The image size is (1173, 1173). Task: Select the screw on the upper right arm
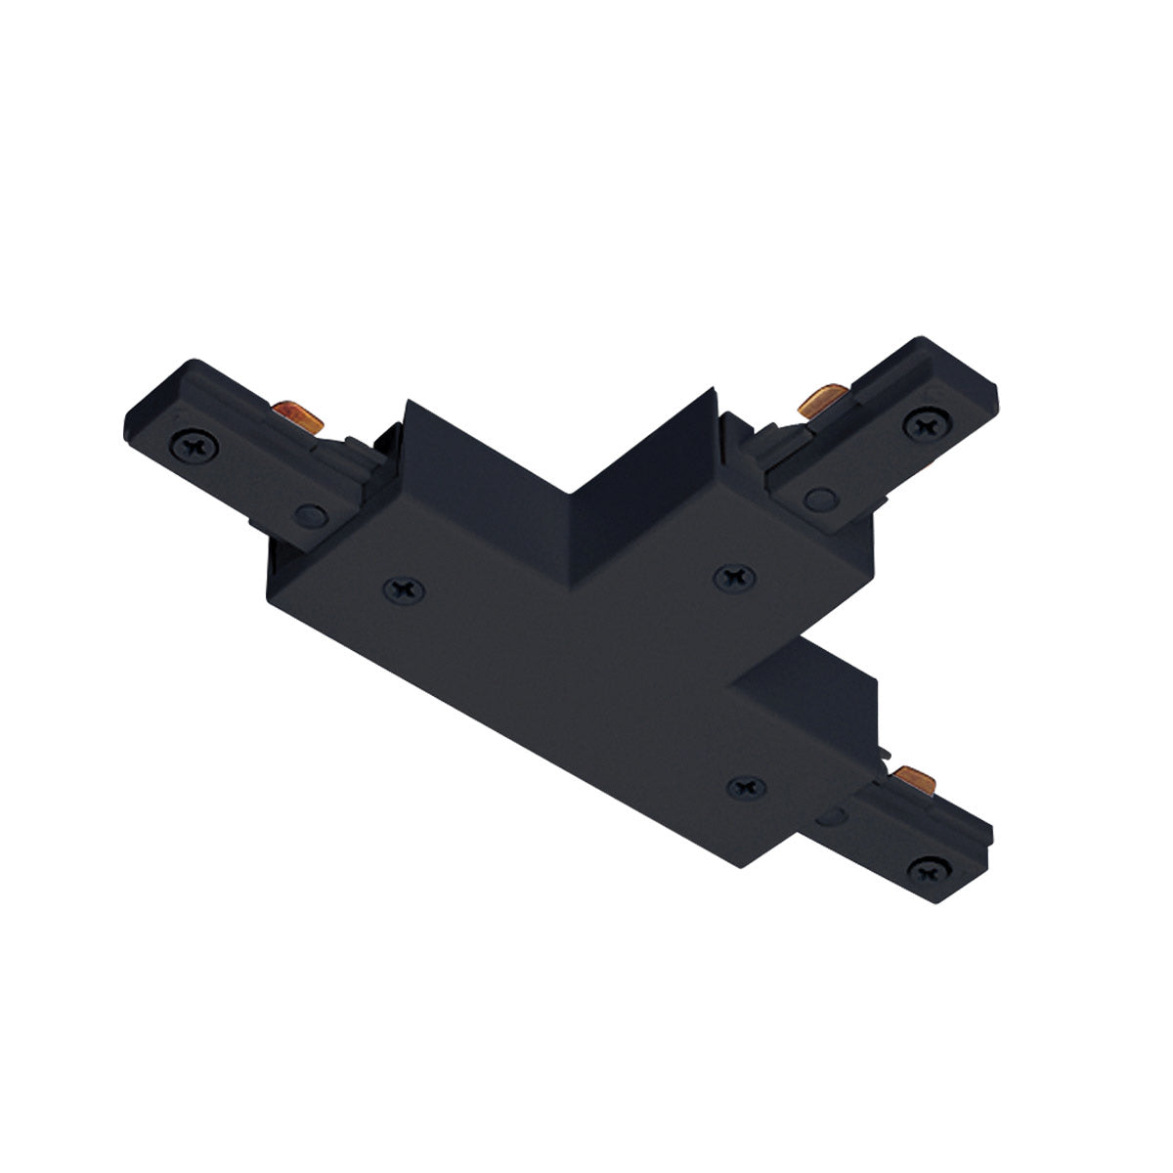922,423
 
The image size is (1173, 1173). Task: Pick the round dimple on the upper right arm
819,500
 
